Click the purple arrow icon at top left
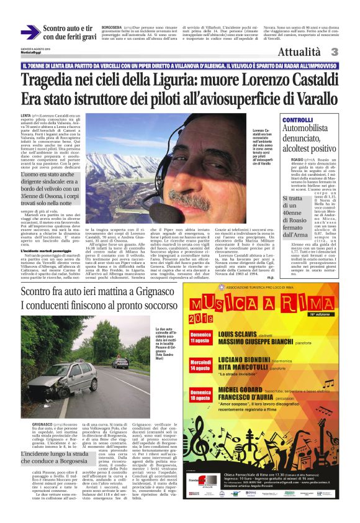[30, 32]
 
